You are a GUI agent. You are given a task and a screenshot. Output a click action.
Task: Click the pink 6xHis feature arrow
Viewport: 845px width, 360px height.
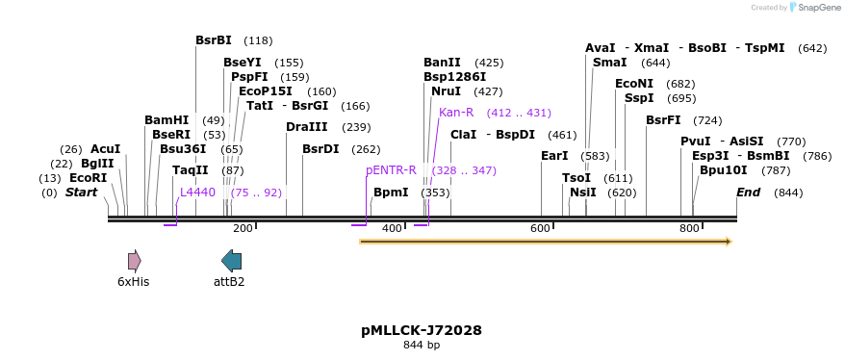pos(134,260)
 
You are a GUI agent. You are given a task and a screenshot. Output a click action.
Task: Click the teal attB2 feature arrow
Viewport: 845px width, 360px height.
pos(231,260)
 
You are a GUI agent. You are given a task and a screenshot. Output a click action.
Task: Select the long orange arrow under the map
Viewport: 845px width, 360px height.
pos(545,241)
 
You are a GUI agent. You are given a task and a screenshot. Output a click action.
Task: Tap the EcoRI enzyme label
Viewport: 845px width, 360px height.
pos(88,178)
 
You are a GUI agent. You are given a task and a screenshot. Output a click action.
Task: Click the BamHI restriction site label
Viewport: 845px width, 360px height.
pos(166,120)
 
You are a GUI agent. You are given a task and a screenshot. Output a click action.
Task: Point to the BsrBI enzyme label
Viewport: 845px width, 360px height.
pos(214,40)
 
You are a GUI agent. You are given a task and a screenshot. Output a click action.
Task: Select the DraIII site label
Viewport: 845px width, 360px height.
pos(307,127)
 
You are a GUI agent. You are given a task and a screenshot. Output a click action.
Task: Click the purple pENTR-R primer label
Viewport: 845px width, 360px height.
pos(391,170)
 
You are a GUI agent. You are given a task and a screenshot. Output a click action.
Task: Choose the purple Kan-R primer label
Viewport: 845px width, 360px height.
pos(456,113)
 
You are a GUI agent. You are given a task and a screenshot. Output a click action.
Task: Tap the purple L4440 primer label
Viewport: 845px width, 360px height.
pos(197,193)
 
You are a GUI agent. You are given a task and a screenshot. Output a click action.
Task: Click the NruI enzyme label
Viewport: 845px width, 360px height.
pos(446,91)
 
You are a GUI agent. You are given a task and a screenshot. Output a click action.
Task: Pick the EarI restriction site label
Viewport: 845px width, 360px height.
pos(554,156)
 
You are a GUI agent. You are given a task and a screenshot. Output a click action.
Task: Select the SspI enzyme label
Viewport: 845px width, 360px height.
pos(638,98)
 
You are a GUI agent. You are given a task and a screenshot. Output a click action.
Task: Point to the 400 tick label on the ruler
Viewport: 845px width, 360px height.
pos(392,228)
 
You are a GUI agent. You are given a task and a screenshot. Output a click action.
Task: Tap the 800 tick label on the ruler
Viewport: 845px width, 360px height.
pos(689,228)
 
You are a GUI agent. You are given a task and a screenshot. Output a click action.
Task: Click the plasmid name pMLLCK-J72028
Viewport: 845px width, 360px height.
pos(422,330)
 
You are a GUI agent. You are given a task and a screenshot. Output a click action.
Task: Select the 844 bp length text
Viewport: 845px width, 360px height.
pos(422,345)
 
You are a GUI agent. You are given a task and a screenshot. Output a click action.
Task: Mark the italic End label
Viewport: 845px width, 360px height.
pos(748,193)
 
